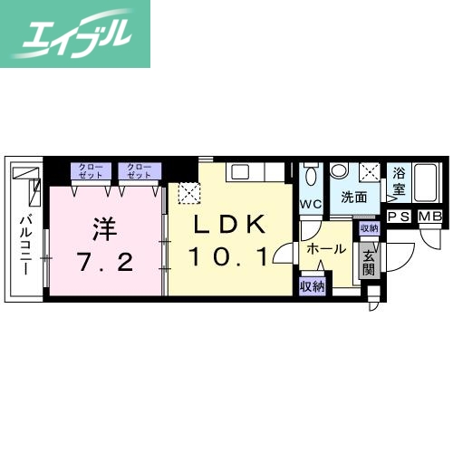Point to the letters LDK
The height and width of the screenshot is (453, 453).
pyautogui.click(x=226, y=223)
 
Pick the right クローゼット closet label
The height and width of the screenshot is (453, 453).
pyautogui.click(x=139, y=170)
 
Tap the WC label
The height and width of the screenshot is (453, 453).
pyautogui.click(x=311, y=204)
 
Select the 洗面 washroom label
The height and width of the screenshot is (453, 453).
pyautogui.click(x=354, y=198)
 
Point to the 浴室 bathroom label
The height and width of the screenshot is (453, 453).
pyautogui.click(x=400, y=185)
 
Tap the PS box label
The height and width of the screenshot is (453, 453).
pyautogui.click(x=400, y=216)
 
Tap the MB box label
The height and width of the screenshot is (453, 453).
pyautogui.click(x=429, y=216)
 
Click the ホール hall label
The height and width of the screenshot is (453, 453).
pyautogui.click(x=325, y=248)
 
